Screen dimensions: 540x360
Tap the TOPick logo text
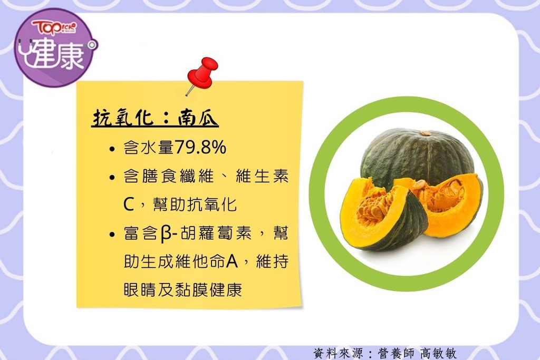[54, 27]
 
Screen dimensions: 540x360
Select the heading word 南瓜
[198, 118]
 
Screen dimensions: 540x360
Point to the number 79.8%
[200, 147]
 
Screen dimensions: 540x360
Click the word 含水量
[149, 147]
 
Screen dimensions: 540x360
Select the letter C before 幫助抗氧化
[129, 205]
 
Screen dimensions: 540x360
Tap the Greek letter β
[166, 233]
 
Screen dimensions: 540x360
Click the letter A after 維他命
[232, 261]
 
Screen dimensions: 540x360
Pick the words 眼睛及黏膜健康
[183, 290]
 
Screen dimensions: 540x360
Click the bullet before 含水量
[112, 149]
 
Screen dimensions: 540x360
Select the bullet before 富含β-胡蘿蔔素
[112, 235]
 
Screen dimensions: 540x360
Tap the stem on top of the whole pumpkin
[426, 133]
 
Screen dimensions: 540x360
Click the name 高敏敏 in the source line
[438, 353]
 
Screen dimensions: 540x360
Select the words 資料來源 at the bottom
[338, 353]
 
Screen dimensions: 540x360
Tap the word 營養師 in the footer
[396, 353]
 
